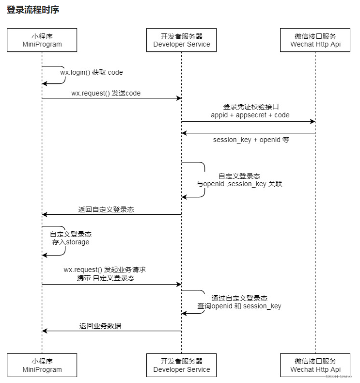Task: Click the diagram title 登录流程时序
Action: (x=33, y=10)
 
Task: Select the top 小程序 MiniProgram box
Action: (x=42, y=40)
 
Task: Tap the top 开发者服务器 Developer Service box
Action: (x=182, y=40)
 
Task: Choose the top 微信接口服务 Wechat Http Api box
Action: (x=315, y=40)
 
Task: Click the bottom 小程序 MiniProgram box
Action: (x=42, y=365)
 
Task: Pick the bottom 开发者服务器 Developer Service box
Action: (x=182, y=365)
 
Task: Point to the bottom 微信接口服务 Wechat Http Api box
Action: (x=315, y=365)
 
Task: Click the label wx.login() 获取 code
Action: (x=92, y=72)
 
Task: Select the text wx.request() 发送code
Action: (x=106, y=93)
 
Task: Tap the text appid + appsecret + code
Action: (x=250, y=115)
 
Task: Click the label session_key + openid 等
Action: (x=251, y=140)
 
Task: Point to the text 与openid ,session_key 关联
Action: (x=239, y=184)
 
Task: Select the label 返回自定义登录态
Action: (x=106, y=210)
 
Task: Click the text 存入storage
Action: (x=71, y=242)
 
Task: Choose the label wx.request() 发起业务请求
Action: (x=105, y=270)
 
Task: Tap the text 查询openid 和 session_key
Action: (x=239, y=306)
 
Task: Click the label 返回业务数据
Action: (x=100, y=326)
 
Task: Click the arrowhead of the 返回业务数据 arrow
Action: (x=45, y=331)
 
